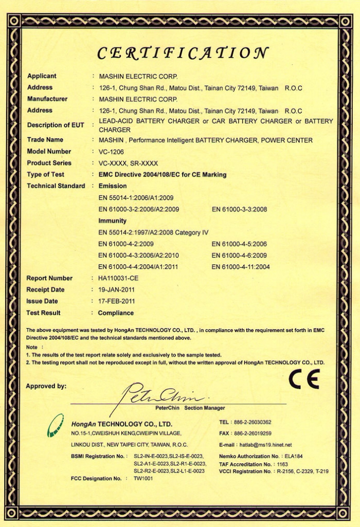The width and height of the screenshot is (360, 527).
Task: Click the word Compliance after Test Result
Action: [116, 313]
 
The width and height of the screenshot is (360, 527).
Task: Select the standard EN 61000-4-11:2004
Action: [241, 267]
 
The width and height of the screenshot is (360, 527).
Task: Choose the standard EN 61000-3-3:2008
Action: [239, 209]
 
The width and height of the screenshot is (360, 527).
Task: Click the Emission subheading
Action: [112, 186]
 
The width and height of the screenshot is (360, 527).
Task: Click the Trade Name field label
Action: [45, 140]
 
